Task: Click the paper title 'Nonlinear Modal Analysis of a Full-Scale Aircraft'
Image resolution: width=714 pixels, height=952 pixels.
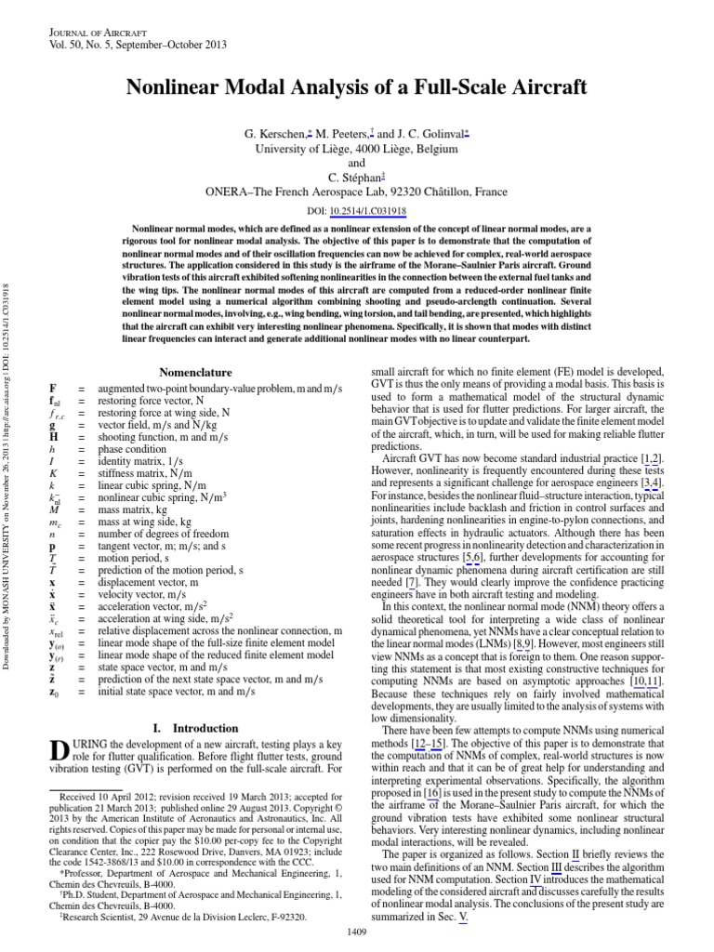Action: (x=356, y=87)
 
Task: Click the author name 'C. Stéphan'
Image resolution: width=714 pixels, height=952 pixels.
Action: (x=353, y=176)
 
